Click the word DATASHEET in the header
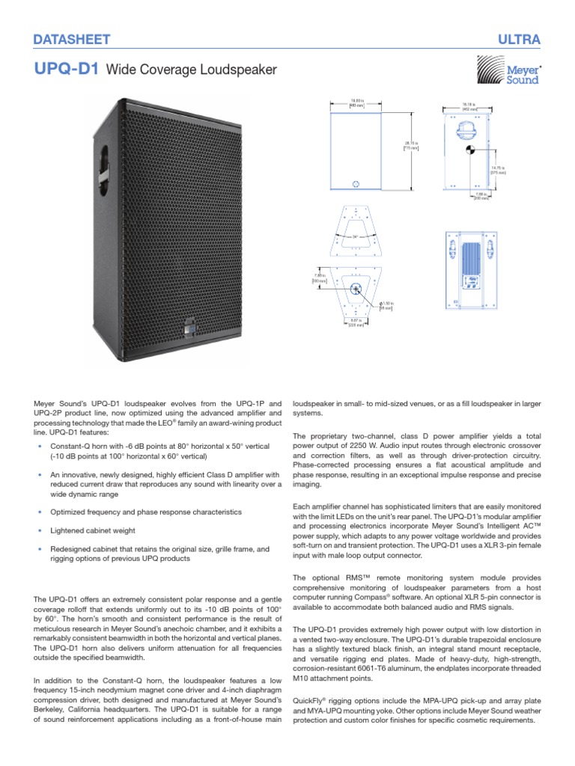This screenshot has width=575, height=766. coord(73,39)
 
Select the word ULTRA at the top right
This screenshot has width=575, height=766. coord(518,39)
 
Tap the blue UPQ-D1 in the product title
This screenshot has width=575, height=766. coord(67,70)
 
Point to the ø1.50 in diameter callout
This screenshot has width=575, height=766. coord(386,304)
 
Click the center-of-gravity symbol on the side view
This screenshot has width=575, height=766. coord(469,150)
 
